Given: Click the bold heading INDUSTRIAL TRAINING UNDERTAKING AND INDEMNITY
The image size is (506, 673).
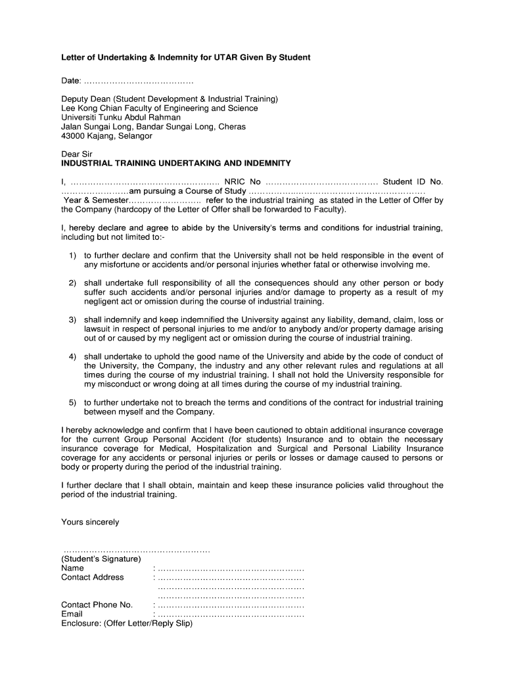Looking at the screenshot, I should (175, 163).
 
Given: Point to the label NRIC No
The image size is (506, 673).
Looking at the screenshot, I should (242, 181).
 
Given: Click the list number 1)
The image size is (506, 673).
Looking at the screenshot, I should (73, 256).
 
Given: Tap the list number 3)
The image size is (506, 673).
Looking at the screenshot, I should (73, 319).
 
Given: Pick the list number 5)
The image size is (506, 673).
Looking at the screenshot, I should (73, 402).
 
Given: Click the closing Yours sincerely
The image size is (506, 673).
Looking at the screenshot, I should (90, 522).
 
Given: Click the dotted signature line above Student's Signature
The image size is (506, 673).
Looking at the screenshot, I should (136, 549).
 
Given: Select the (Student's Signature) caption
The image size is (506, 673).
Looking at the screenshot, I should (101, 559).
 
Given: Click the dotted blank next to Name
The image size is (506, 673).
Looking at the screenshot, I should (231, 569).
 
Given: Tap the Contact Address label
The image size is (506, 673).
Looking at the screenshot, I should (93, 578).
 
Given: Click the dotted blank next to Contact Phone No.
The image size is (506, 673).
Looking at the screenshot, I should (231, 605).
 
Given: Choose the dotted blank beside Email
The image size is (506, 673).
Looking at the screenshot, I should (231, 615).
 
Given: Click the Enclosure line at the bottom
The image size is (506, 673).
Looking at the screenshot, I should (127, 624).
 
